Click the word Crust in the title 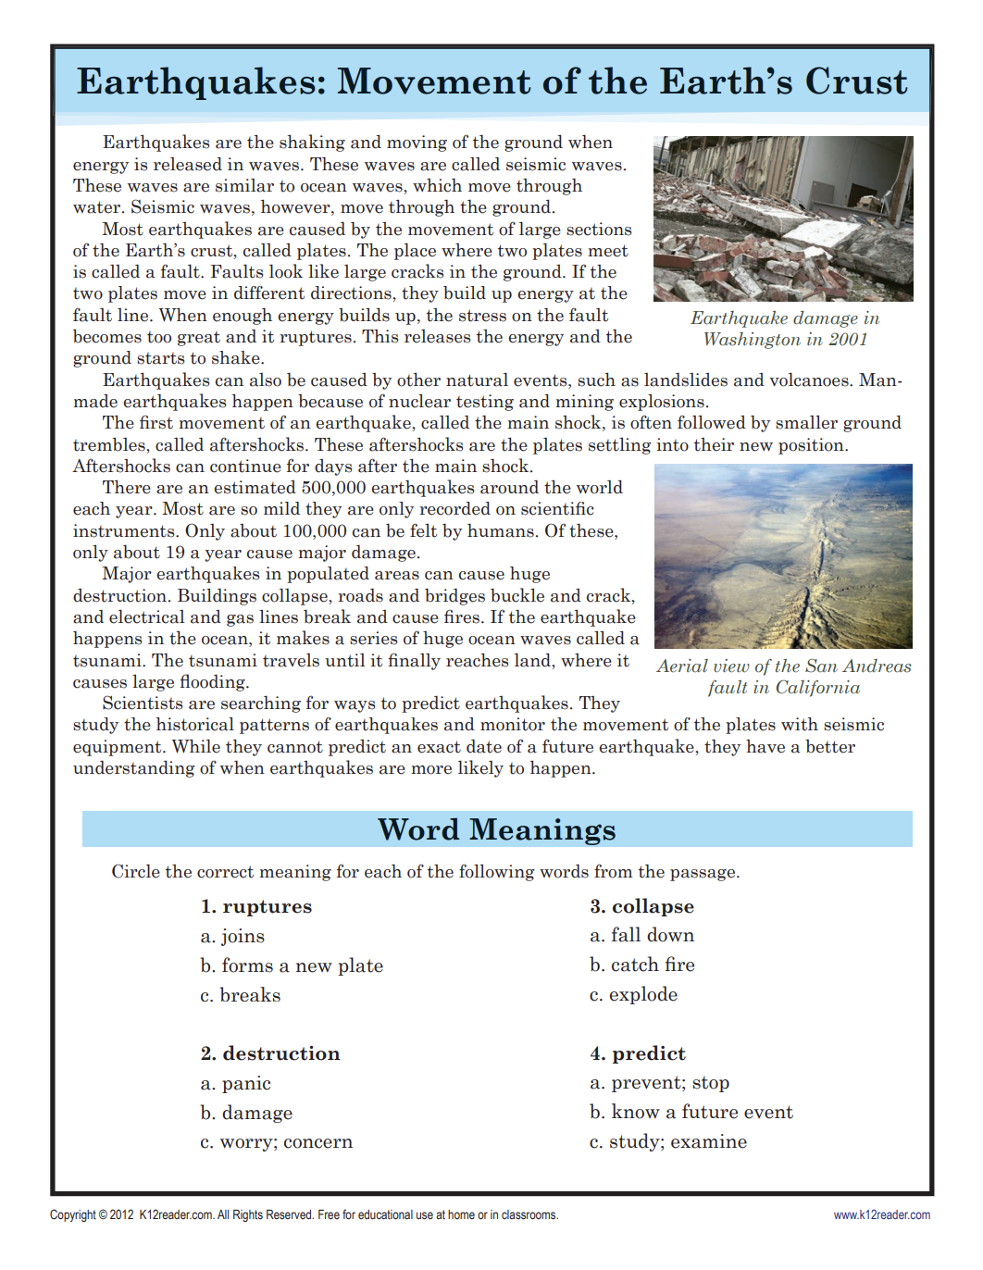point(856,81)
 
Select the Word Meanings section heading point(496,829)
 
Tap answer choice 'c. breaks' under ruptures point(241,995)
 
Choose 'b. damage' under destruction point(246,1113)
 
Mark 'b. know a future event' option point(691,1112)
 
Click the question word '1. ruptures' point(256,906)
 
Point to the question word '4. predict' point(638,1053)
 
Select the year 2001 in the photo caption point(848,340)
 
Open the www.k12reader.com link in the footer point(881,1215)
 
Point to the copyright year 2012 point(122,1215)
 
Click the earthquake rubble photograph point(783,218)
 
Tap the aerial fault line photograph point(783,556)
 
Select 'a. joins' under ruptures point(232,936)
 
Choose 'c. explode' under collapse point(633,994)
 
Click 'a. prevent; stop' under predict point(659,1082)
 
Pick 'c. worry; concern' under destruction point(276,1141)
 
